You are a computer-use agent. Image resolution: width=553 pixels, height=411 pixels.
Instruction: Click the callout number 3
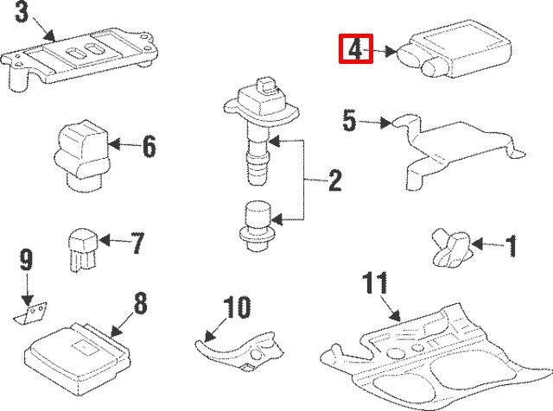click(21, 13)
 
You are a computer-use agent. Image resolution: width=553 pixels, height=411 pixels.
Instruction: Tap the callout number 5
click(349, 120)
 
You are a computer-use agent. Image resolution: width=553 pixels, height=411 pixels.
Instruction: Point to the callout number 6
click(149, 146)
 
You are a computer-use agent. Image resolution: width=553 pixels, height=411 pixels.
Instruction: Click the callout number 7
click(137, 243)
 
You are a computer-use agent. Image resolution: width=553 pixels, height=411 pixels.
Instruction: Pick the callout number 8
click(140, 303)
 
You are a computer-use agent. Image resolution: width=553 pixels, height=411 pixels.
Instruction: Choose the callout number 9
click(26, 258)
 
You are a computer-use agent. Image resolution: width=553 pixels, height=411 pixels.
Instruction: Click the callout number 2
click(334, 180)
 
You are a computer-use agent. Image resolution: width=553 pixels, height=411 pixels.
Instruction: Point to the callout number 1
click(511, 248)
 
